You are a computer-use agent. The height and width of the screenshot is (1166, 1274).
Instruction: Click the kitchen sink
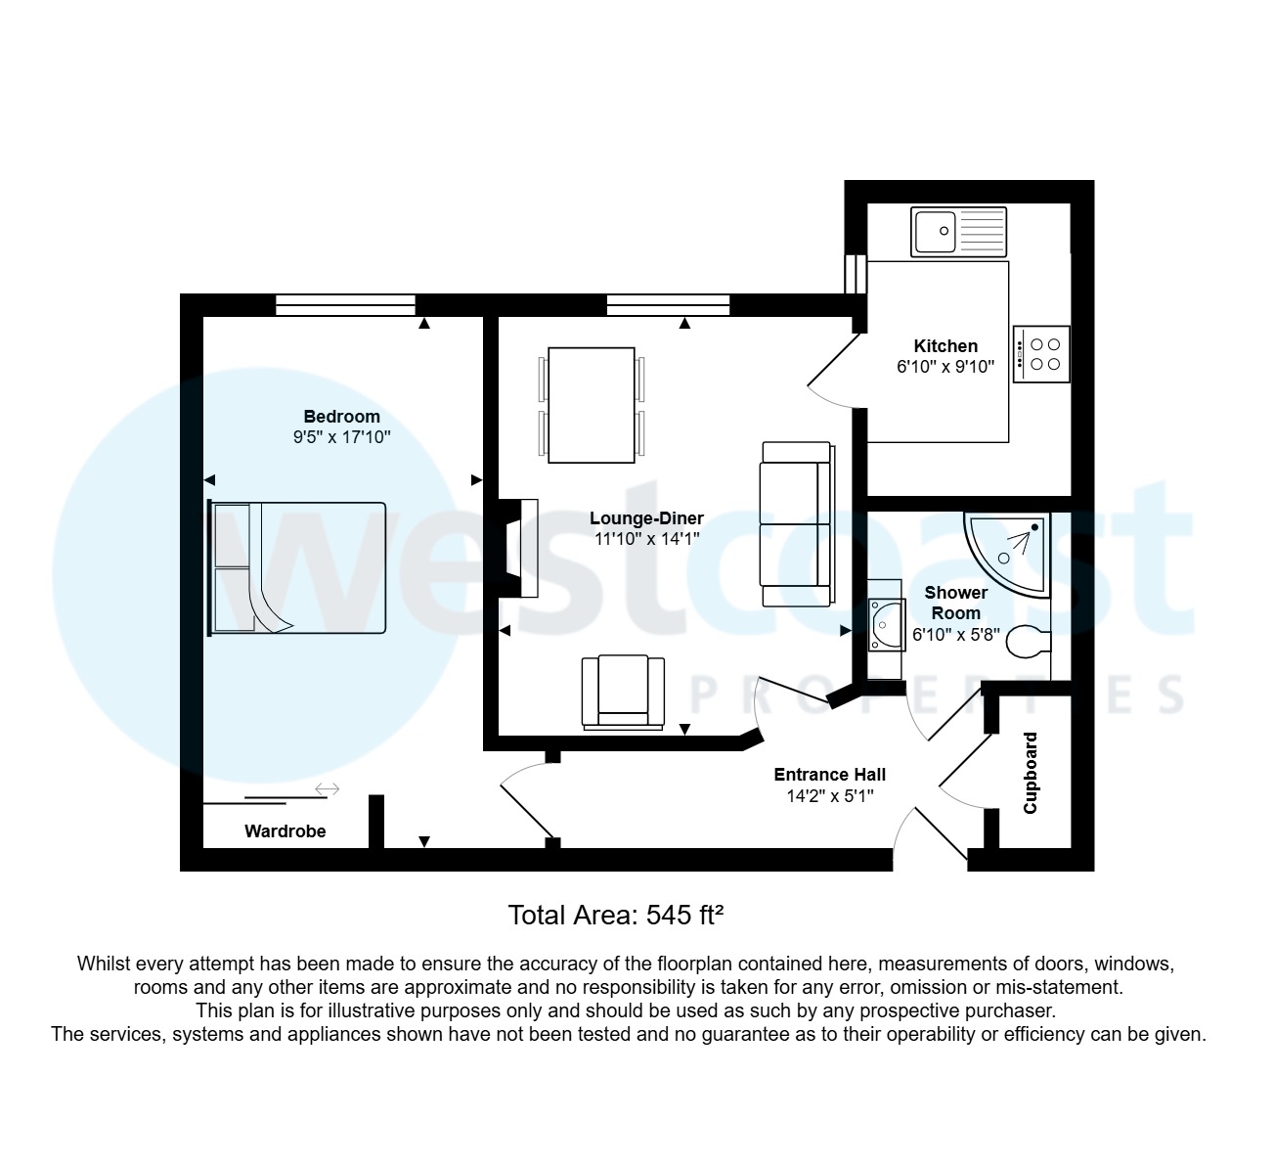(958, 232)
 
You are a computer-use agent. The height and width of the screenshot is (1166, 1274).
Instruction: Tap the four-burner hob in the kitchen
(1042, 354)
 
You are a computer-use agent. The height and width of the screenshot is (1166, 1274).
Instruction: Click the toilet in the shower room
(1029, 643)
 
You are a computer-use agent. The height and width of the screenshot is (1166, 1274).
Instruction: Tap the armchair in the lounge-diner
(623, 692)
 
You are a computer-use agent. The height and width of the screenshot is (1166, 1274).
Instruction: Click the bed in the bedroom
(298, 568)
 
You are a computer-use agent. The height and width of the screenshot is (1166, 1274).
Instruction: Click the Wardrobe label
(285, 831)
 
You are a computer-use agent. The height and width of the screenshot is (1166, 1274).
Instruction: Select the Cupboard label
(1031, 773)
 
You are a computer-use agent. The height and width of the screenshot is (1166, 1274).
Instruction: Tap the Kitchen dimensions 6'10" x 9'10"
(945, 368)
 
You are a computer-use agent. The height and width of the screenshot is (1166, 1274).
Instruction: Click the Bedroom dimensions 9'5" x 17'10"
(341, 438)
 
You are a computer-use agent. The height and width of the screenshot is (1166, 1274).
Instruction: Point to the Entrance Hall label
(829, 775)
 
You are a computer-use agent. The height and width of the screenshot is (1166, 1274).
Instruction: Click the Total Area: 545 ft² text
(615, 916)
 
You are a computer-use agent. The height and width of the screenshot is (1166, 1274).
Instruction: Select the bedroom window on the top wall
(345, 305)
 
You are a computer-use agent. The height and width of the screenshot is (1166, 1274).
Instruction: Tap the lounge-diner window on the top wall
(668, 305)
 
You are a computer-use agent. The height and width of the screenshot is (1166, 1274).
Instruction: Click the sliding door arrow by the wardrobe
(327, 789)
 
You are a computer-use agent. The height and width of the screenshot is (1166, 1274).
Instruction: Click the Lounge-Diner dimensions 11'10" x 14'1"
(646, 539)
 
